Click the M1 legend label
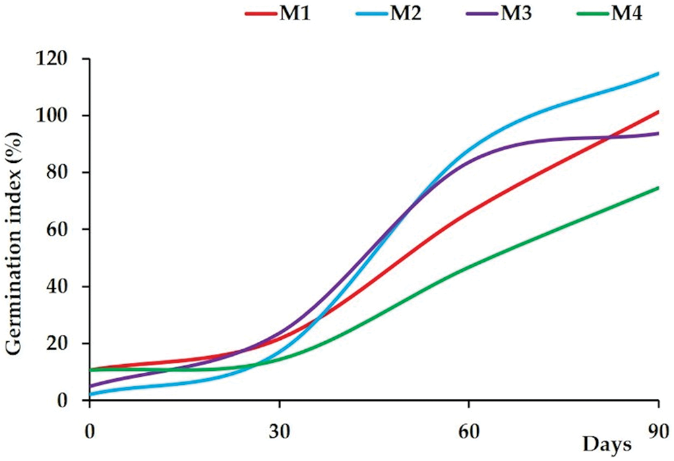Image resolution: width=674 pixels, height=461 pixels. (x=295, y=13)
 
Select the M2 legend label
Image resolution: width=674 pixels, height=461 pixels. (x=406, y=13)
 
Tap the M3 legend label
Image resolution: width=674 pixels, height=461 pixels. (x=516, y=13)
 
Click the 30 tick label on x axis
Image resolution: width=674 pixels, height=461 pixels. (x=279, y=428)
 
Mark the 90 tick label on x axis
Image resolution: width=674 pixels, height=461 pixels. (x=658, y=428)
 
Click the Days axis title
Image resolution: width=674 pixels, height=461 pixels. (x=607, y=444)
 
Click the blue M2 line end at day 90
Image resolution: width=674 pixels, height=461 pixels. (x=657, y=73)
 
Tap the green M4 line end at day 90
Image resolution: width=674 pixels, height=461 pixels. (x=657, y=188)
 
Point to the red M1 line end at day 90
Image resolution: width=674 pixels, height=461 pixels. (x=657, y=112)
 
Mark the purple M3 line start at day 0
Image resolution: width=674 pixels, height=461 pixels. (x=90, y=386)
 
